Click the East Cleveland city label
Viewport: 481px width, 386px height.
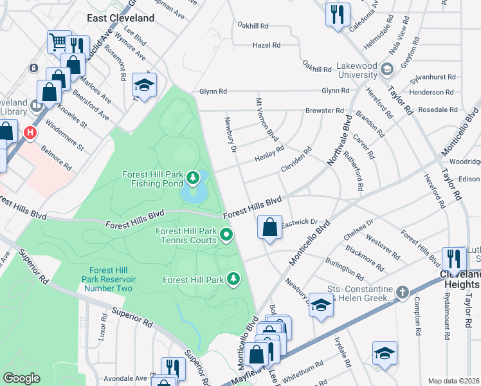tap(122, 18)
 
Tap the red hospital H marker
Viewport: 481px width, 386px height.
tap(29, 133)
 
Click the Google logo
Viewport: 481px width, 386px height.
tap(22, 378)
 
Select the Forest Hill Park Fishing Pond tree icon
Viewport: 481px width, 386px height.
tap(192, 176)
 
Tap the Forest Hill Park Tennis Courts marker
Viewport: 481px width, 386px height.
tap(226, 235)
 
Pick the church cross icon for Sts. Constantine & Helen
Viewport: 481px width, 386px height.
tap(402, 293)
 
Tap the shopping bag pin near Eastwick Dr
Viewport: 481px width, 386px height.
tap(269, 227)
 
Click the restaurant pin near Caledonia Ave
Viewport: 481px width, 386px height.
tap(337, 14)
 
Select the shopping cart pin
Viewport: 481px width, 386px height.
tap(59, 42)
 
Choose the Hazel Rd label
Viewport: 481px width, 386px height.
tap(267, 46)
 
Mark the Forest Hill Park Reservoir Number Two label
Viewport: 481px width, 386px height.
tap(107, 279)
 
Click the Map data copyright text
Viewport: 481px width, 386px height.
tap(454, 381)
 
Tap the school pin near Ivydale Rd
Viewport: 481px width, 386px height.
tap(385, 353)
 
